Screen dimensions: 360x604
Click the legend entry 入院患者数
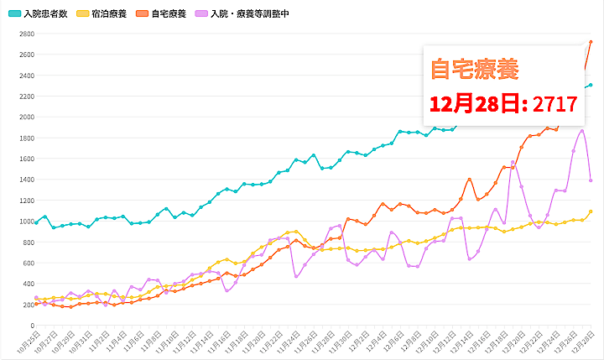pyautogui.click(x=45, y=14)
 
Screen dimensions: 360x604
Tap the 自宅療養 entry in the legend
pyautogui.click(x=170, y=14)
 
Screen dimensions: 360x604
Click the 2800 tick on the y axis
pyautogui.click(x=25, y=34)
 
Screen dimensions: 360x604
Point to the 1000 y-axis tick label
pyautogui.click(x=25, y=222)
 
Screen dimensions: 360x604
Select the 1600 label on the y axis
pyautogui.click(x=25, y=159)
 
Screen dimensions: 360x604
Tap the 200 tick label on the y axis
pyautogui.click(x=28, y=305)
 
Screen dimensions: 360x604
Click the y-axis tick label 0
pyautogui.click(x=31, y=326)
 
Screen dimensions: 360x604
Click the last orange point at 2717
pyautogui.click(x=591, y=42)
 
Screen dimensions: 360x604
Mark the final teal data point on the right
pyautogui.click(x=591, y=85)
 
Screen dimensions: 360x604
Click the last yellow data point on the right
pyautogui.click(x=591, y=211)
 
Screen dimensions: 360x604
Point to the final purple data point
pyautogui.click(x=591, y=180)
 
